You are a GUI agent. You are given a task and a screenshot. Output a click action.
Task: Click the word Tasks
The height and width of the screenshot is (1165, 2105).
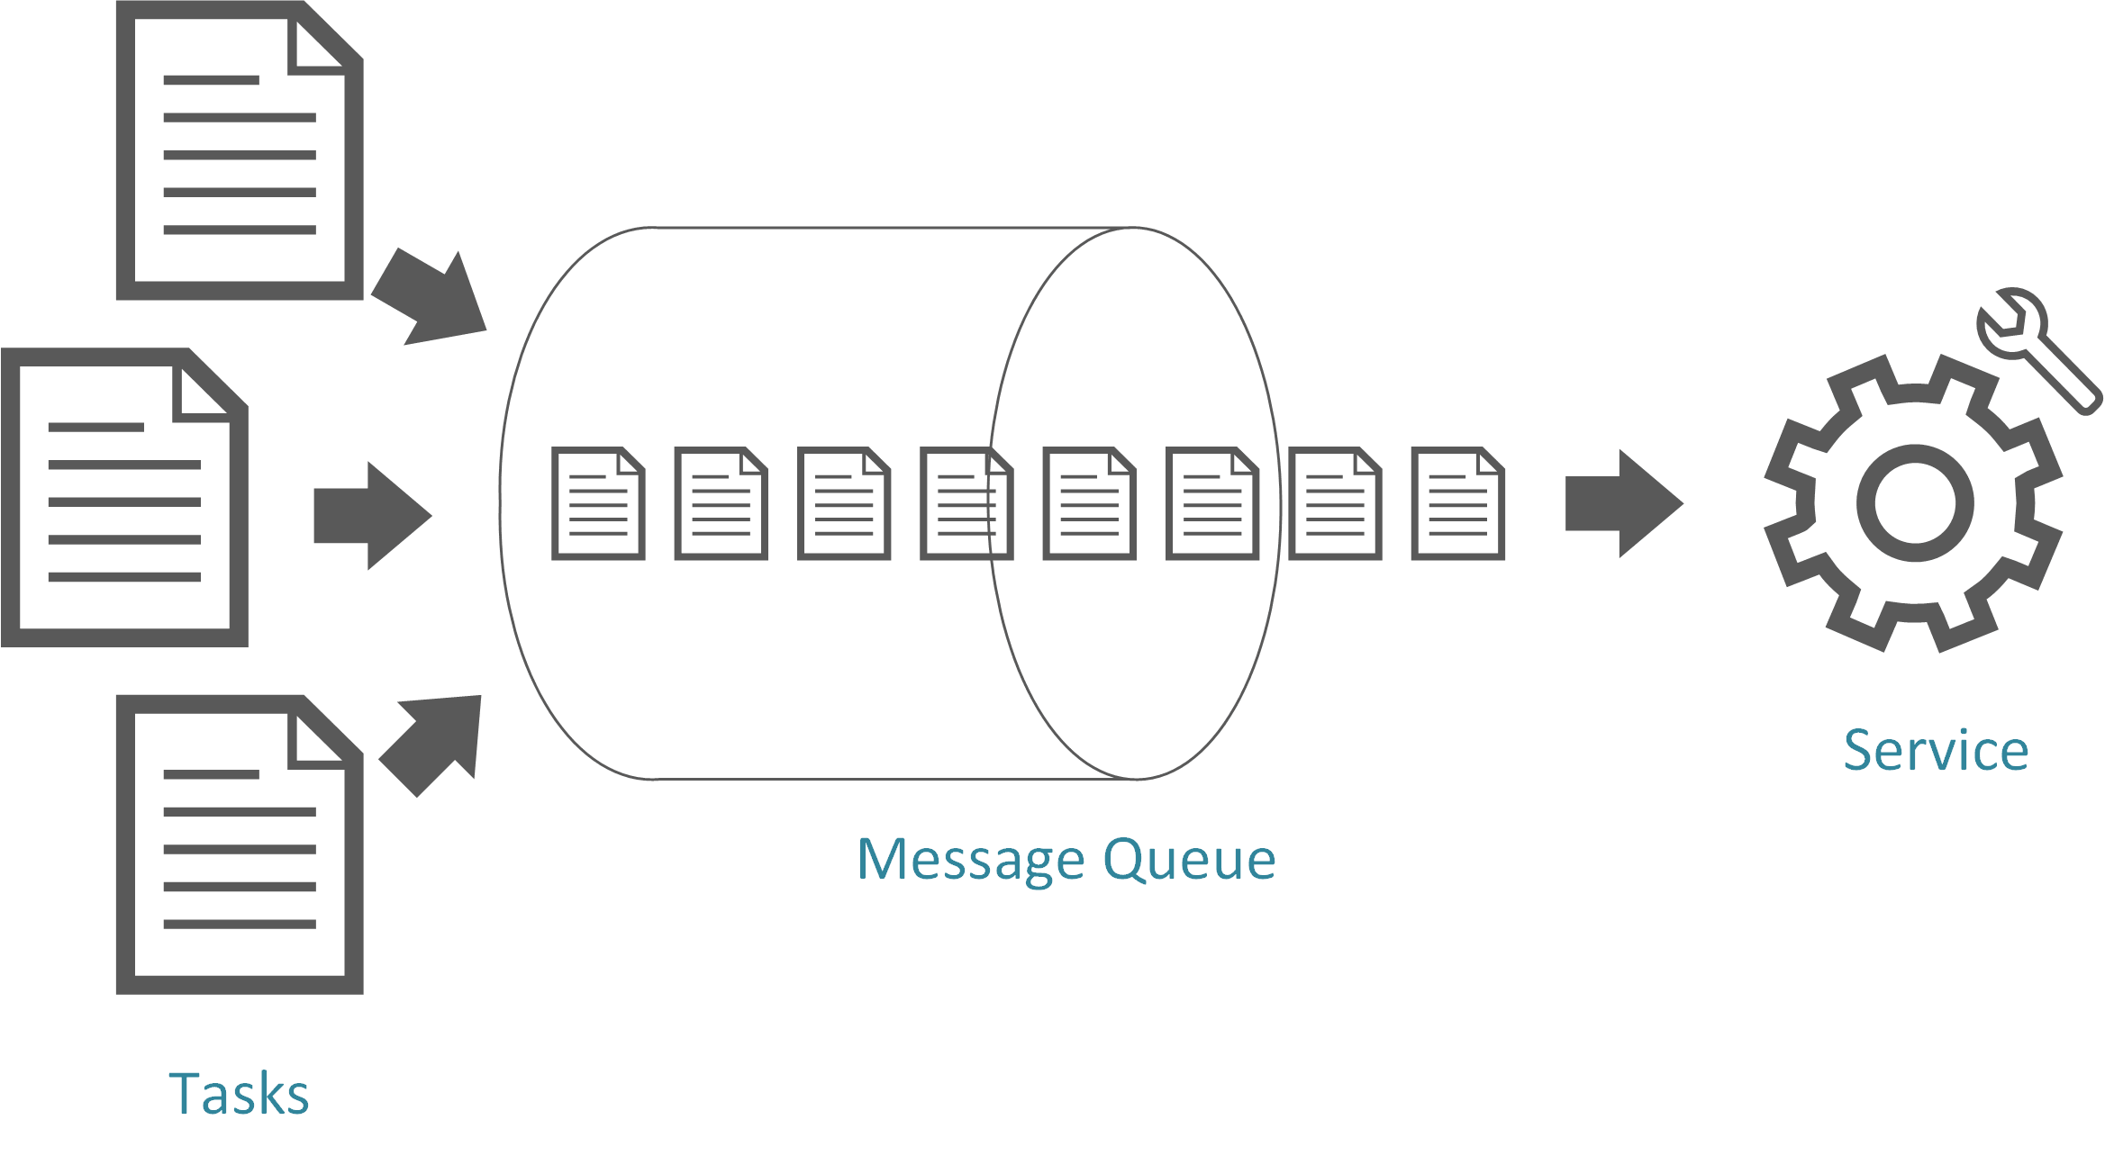pyautogui.click(x=239, y=1094)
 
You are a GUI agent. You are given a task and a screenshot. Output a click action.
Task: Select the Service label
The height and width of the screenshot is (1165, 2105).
pyautogui.click(x=1935, y=750)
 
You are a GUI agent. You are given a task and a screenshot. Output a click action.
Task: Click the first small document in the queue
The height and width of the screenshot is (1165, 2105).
pyautogui.click(x=599, y=503)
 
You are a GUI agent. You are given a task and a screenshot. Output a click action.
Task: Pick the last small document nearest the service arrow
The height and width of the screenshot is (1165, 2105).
pyautogui.click(x=1457, y=503)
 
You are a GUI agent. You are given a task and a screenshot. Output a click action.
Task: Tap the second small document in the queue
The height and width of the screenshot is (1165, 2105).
pyautogui.click(x=721, y=503)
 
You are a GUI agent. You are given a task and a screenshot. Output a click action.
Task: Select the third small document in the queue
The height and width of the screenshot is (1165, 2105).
pyautogui.click(x=844, y=503)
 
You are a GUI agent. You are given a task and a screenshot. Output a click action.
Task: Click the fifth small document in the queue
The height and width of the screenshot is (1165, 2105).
pyautogui.click(x=1089, y=503)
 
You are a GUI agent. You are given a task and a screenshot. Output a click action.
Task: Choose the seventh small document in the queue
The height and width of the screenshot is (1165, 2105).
pyautogui.click(x=1335, y=503)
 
